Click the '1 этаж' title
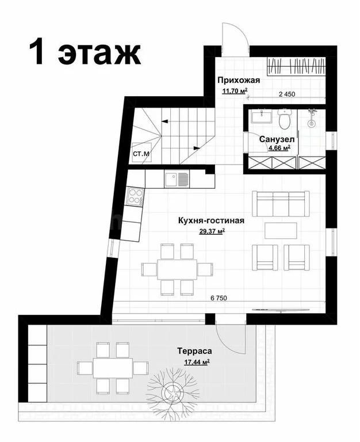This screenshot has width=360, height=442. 85,52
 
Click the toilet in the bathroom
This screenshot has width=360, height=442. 284,120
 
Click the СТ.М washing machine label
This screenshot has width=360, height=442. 141,154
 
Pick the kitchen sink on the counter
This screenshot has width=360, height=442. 176,179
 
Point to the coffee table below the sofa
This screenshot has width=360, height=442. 280,230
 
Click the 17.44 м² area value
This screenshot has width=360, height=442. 196,362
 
